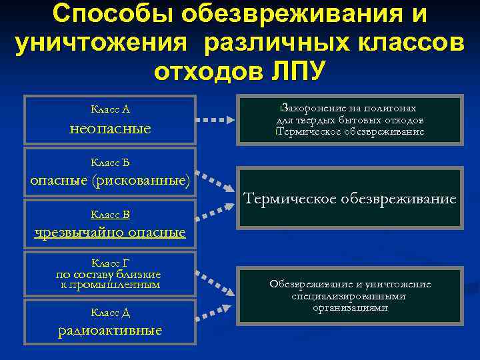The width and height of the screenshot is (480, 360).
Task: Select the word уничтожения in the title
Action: (x=103, y=42)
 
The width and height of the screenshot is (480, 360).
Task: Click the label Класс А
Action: (x=110, y=109)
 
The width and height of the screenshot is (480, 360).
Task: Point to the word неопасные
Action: (x=111, y=127)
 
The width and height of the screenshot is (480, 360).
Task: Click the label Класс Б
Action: (x=110, y=162)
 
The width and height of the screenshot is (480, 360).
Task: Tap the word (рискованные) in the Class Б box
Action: (x=141, y=181)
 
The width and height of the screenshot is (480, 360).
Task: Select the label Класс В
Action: (x=110, y=215)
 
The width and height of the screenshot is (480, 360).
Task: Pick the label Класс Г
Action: (x=110, y=263)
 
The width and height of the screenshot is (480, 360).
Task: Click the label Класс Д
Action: (x=110, y=313)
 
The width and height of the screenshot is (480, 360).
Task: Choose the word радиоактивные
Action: (x=110, y=331)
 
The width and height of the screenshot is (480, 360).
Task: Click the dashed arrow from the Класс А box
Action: (x=217, y=121)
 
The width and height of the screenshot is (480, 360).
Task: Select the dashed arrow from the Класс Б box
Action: (x=217, y=182)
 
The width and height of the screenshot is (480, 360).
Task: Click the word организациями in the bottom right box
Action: (x=350, y=308)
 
